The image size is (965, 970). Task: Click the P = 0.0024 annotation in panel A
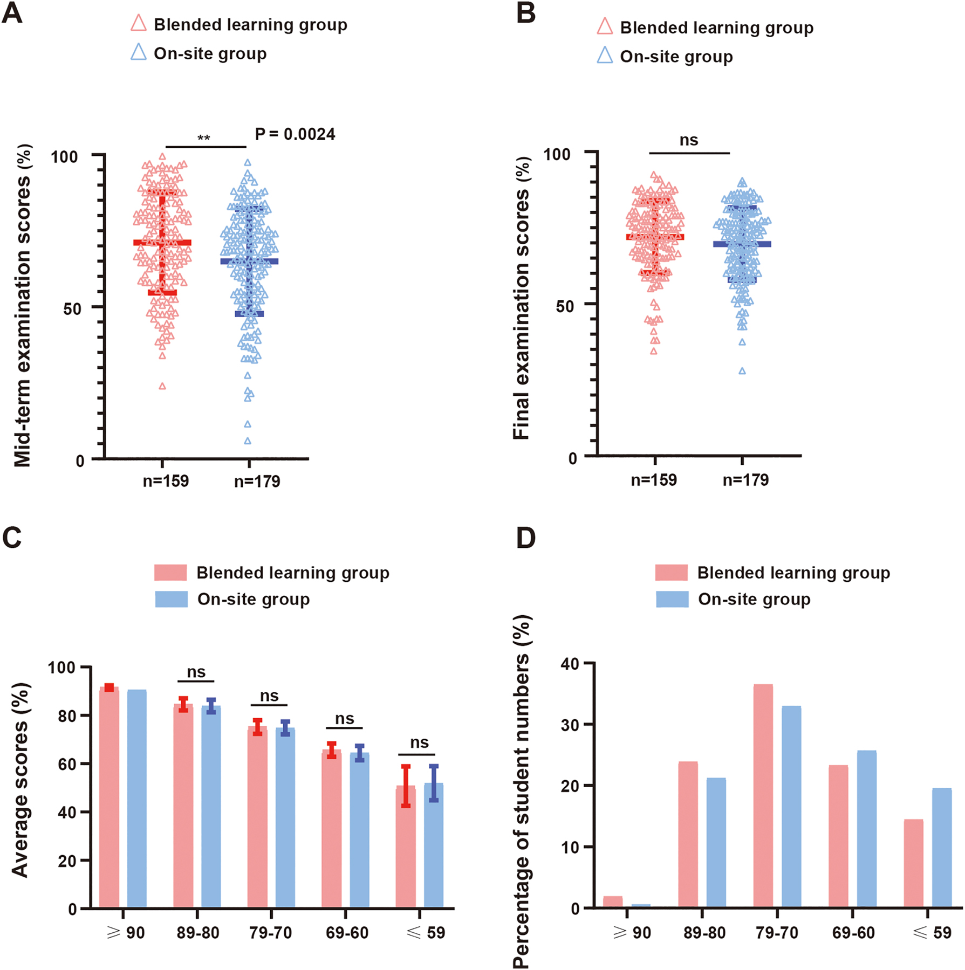point(295,134)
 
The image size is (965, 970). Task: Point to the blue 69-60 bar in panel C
point(359,830)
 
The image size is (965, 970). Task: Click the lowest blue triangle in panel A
point(248,441)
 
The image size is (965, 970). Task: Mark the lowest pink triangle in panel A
point(162,386)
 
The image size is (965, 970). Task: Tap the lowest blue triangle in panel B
point(742,371)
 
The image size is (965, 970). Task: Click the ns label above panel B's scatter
point(689,141)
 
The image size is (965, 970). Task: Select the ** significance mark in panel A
point(203,139)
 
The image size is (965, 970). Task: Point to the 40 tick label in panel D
point(570,664)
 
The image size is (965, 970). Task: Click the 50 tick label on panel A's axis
point(72,309)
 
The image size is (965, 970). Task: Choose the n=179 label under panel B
point(745,480)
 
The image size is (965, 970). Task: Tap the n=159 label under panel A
point(166,481)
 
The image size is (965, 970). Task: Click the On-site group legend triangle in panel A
point(139,52)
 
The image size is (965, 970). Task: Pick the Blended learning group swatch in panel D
point(671,573)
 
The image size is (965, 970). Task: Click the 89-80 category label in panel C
point(198,933)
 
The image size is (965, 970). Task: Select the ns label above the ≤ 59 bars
point(419,743)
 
